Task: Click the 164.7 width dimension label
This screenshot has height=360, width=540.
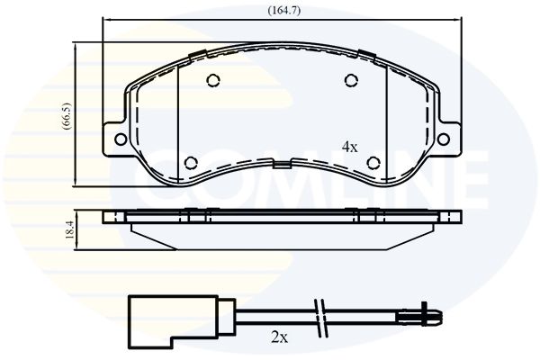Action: click(x=284, y=10)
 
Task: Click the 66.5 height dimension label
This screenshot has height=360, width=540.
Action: click(x=67, y=116)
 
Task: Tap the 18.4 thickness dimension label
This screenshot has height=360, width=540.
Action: click(x=69, y=229)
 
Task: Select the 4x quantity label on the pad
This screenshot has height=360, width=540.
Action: click(x=349, y=148)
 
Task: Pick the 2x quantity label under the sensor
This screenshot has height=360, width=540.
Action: click(x=279, y=338)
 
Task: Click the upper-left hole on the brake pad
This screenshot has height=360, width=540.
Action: click(x=213, y=81)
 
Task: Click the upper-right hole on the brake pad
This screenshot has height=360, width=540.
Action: click(x=351, y=81)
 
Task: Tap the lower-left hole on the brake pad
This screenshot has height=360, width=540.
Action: click(x=191, y=163)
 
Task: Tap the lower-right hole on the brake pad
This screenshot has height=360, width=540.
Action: click(x=373, y=163)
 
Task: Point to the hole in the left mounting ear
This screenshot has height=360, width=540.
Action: click(x=121, y=139)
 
